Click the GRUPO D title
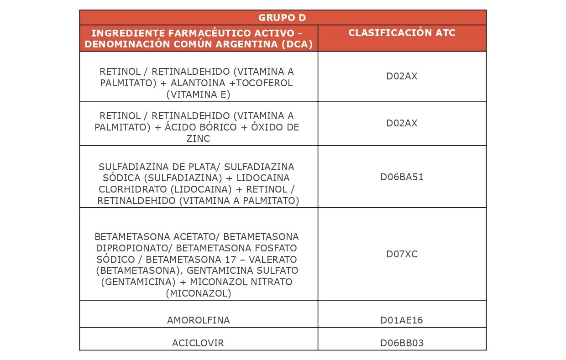(282, 18)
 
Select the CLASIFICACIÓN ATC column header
(402, 33)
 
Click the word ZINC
(198, 139)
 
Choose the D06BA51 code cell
(402, 177)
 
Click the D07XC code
(402, 254)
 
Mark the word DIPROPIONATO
(134, 248)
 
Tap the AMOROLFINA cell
(198, 320)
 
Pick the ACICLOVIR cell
(198, 343)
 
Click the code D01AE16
(402, 320)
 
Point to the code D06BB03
(402, 343)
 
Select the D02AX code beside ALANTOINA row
(402, 76)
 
